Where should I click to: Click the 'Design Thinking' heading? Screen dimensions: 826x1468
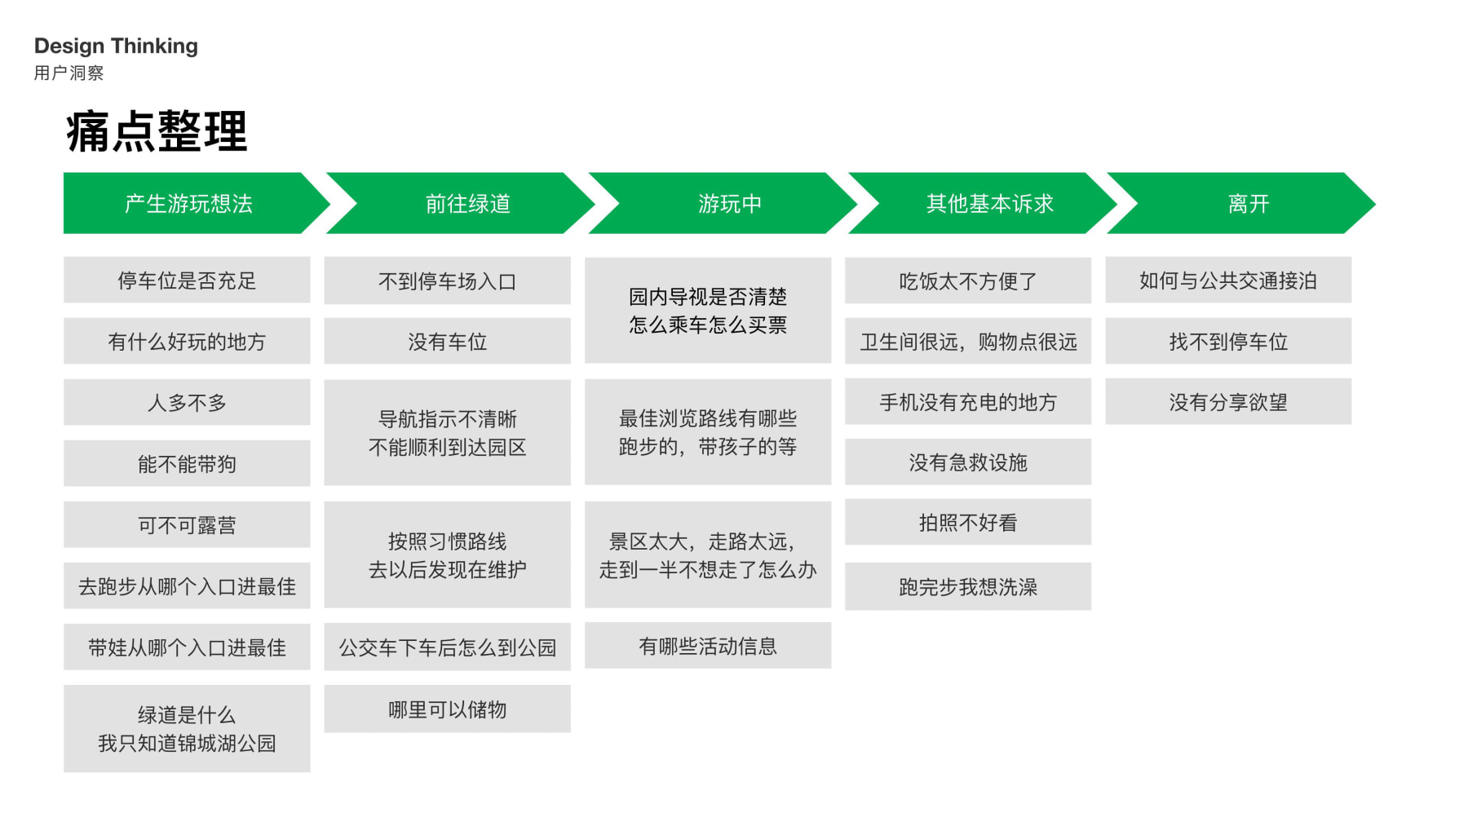pyautogui.click(x=116, y=46)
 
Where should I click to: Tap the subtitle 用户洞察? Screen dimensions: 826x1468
pyautogui.click(x=69, y=73)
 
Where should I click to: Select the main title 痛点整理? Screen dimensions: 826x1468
pyautogui.click(x=156, y=131)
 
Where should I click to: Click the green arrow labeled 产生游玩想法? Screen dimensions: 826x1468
pyautogui.click(x=188, y=204)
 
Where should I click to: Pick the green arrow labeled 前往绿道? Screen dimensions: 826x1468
pyautogui.click(x=467, y=204)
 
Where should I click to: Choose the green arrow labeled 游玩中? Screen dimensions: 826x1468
pyautogui.click(x=729, y=204)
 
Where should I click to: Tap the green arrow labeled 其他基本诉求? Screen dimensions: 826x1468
pyautogui.click(x=989, y=204)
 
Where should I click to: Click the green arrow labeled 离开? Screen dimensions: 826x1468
pyautogui.click(x=1248, y=204)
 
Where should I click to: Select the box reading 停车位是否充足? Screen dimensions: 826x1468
pyautogui.click(x=187, y=280)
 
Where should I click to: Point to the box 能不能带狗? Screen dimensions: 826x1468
pyautogui.click(x=187, y=464)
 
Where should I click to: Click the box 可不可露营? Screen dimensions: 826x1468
pyautogui.click(x=187, y=525)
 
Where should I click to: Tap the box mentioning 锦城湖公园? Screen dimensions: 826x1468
pyautogui.click(x=187, y=729)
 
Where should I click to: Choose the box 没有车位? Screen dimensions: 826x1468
pyautogui.click(x=447, y=342)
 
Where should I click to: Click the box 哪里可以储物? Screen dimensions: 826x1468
pyautogui.click(x=447, y=709)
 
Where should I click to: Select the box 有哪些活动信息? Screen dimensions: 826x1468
pyautogui.click(x=707, y=647)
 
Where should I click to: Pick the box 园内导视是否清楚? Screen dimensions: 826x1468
pyautogui.click(x=707, y=311)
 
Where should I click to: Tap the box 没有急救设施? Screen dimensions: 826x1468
pyautogui.click(x=967, y=462)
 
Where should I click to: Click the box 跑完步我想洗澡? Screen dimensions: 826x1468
pyautogui.click(x=967, y=587)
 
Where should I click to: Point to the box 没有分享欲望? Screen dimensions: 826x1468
pyautogui.click(x=1227, y=402)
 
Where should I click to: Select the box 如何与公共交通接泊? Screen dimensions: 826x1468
pyautogui.click(x=1227, y=280)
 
